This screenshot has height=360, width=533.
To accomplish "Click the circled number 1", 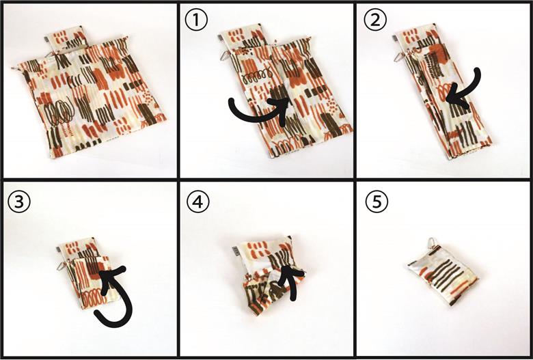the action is pyautogui.click(x=196, y=20).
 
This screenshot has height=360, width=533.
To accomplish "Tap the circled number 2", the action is pyautogui.click(x=375, y=20).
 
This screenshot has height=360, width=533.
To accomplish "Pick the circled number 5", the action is pyautogui.click(x=377, y=202).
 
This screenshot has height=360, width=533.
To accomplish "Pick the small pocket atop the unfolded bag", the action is pyautogui.click(x=64, y=39).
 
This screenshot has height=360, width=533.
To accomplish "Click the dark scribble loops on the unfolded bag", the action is pyautogui.click(x=59, y=111).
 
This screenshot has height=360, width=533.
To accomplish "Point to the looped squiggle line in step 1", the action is pyautogui.click(x=258, y=77).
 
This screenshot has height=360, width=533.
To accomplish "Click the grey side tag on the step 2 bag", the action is pyautogui.click(x=396, y=38).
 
